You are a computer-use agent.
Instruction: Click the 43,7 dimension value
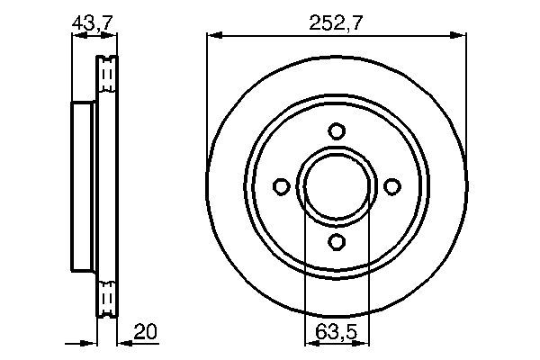(93, 23)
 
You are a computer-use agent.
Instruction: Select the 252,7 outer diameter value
(336, 23)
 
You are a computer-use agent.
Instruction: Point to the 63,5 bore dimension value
(336, 332)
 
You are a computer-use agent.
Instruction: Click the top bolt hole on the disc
(336, 131)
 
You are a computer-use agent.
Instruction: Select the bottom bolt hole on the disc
(336, 242)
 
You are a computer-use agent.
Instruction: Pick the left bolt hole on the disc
(281, 186)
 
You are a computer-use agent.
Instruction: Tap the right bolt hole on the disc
(391, 186)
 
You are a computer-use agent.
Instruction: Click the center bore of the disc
(336, 186)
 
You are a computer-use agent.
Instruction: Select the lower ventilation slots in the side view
(107, 296)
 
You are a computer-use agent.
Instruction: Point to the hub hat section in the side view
(83, 186)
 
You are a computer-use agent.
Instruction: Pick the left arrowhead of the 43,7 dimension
(75, 36)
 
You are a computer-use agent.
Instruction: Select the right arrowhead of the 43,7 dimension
(112, 36)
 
